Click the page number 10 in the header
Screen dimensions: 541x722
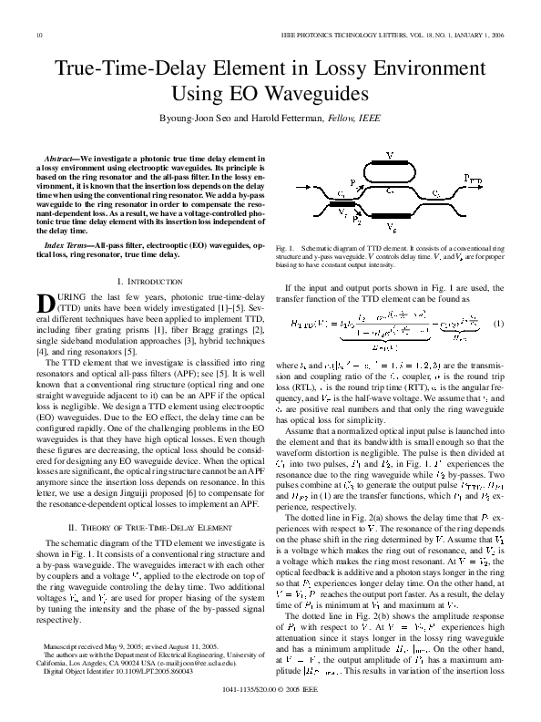[x=39, y=36]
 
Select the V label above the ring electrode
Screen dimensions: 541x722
[x=390, y=156]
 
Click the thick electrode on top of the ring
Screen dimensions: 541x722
[x=391, y=166]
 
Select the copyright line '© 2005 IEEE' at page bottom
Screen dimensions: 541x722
[x=300, y=703]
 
